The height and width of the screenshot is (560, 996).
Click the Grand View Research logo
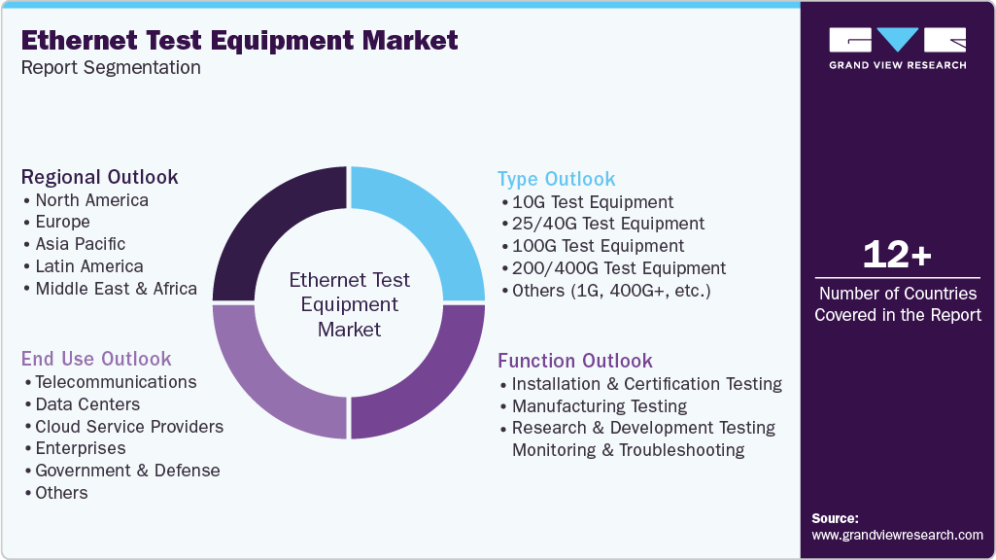coord(897,48)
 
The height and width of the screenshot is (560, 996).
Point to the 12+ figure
coord(897,256)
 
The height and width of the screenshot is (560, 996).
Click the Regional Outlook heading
coord(100,177)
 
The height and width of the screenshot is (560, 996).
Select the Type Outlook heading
coord(556,179)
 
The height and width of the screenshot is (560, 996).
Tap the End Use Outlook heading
coord(96,359)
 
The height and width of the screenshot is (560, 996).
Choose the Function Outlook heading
coord(574,361)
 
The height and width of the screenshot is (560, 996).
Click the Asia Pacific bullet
coord(80,244)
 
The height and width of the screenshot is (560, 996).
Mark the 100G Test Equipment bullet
coord(598,246)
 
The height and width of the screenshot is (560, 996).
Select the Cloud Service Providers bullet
coord(129,427)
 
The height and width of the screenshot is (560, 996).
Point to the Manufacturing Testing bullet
coord(599,406)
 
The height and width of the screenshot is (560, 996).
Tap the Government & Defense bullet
coord(127,471)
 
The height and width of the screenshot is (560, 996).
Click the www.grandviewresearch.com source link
coord(897,536)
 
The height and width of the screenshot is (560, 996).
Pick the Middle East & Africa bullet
coord(116,289)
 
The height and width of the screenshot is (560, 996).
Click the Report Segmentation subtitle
coord(111,68)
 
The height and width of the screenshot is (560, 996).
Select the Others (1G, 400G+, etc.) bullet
coord(611,291)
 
